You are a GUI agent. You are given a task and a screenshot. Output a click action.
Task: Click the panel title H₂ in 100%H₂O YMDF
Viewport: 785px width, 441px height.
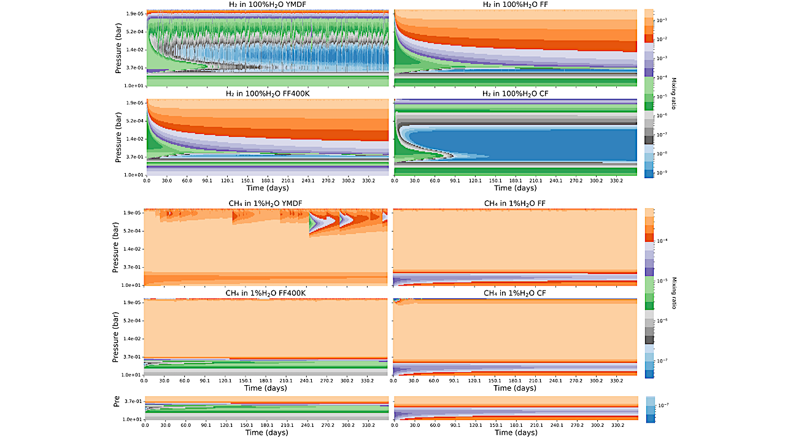click(267, 6)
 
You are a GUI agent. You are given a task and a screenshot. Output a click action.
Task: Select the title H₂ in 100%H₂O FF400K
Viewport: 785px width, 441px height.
click(267, 95)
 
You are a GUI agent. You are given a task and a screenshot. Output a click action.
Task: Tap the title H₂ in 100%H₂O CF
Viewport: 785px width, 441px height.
click(514, 95)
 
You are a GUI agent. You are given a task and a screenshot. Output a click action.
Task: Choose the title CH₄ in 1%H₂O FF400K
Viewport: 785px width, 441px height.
click(266, 293)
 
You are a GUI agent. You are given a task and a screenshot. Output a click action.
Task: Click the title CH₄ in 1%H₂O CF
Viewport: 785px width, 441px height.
click(514, 293)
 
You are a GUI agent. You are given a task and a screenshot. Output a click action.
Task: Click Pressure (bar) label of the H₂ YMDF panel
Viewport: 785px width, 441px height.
click(118, 47)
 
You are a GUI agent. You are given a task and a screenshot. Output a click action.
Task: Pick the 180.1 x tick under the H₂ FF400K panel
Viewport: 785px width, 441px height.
click(267, 181)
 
